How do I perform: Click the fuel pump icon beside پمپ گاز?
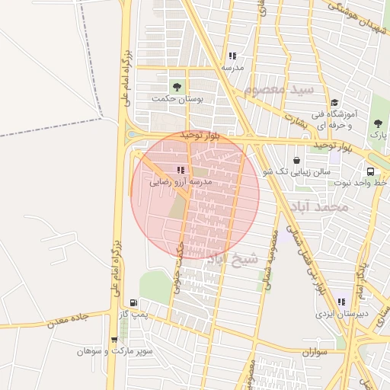pyautogui.click(x=135, y=302)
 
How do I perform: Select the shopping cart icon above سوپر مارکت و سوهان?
pyautogui.click(x=114, y=340)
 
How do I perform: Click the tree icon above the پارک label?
pyautogui.click(x=379, y=123)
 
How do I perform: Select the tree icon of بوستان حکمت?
pyautogui.click(x=178, y=86)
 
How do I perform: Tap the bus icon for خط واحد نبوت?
pyautogui.click(x=370, y=171)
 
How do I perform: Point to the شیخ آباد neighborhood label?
pyautogui.click(x=233, y=259)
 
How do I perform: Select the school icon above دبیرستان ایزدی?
pyautogui.click(x=342, y=302)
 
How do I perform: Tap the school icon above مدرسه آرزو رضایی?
pyautogui.click(x=181, y=170)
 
